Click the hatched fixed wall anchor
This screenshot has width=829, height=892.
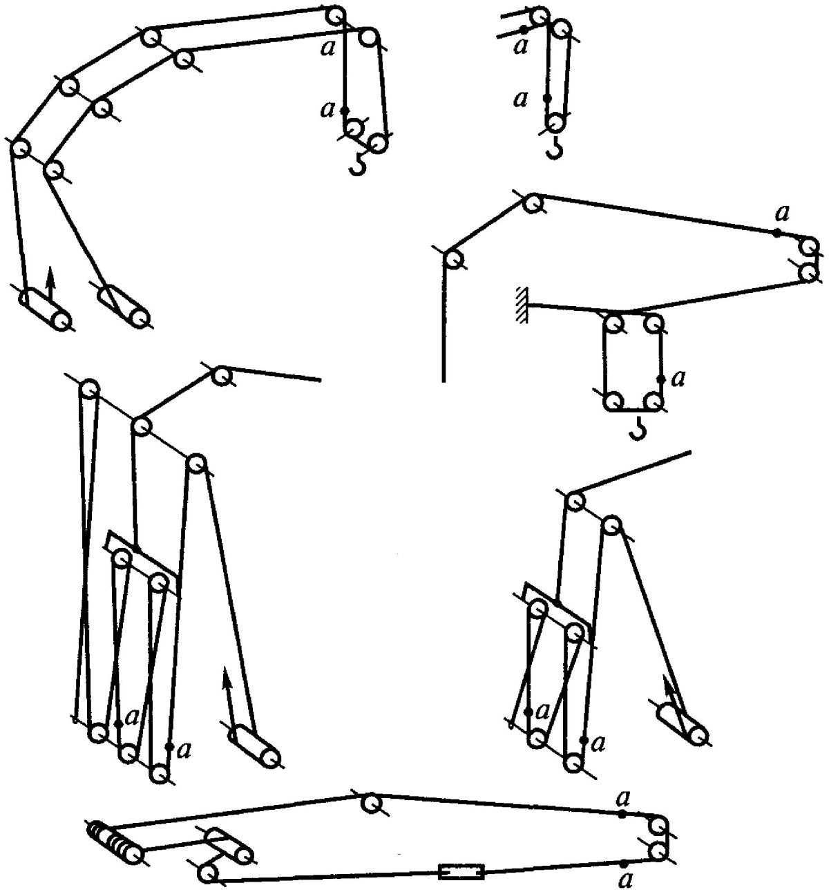(x=522, y=305)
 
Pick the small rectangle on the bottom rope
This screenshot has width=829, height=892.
(x=461, y=860)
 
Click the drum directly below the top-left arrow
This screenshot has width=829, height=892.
(x=45, y=311)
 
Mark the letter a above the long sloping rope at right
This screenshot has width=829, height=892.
(x=782, y=214)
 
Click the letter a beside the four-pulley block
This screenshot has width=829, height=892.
(x=678, y=379)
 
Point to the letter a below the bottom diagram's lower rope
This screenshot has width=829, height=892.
(x=623, y=881)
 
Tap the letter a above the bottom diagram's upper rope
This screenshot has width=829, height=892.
(x=623, y=795)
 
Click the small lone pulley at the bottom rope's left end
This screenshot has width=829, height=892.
(x=207, y=861)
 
